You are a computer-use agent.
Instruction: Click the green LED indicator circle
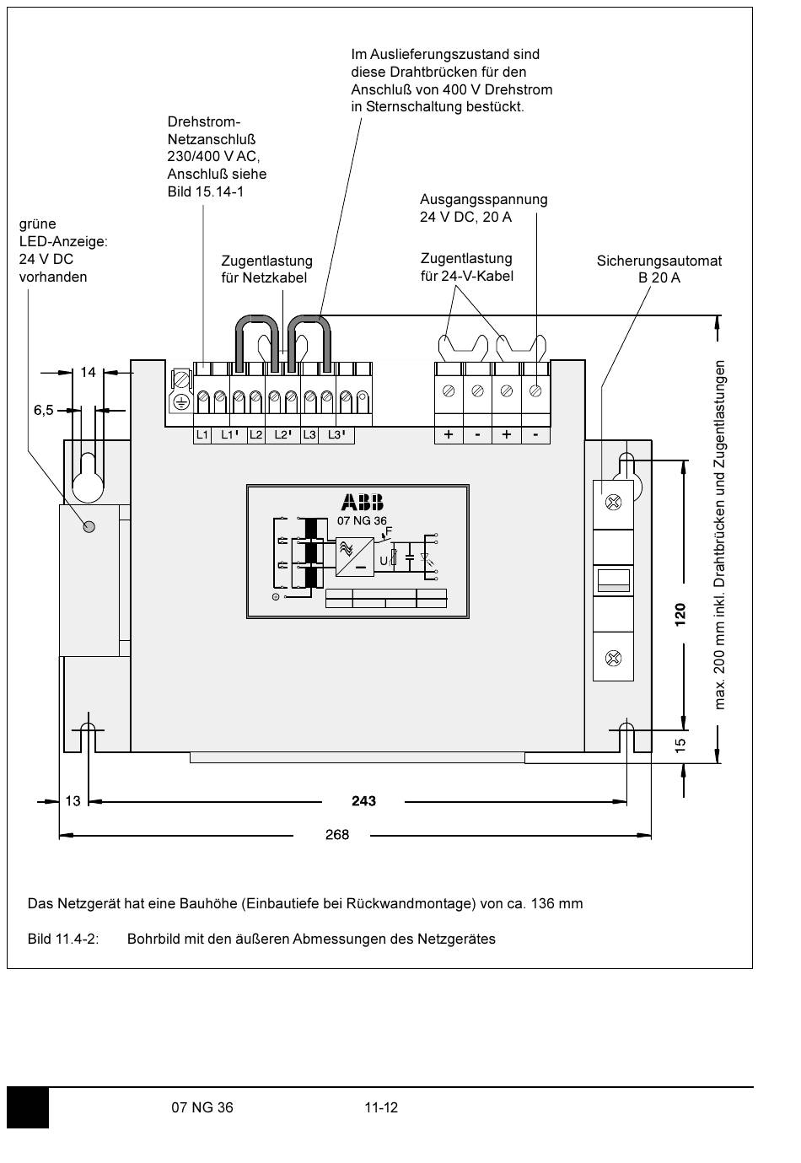tap(89, 527)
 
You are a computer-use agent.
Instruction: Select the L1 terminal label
tap(202, 434)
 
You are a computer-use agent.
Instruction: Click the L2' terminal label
tap(283, 434)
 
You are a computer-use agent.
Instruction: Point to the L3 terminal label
tap(309, 434)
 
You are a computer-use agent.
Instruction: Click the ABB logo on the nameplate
tap(363, 502)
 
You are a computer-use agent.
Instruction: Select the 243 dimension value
tap(363, 801)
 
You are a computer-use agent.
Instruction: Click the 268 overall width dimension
tap(337, 834)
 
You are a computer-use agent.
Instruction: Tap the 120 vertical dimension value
tap(680, 615)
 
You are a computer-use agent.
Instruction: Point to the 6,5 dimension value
tap(44, 410)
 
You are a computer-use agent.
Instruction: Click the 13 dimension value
tap(73, 801)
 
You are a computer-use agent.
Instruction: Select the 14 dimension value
tap(88, 372)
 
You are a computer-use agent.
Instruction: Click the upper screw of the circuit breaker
tap(614, 502)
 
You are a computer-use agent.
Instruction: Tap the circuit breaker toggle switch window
tap(614, 580)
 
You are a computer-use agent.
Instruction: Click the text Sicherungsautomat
tap(659, 261)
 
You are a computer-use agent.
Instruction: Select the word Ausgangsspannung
tap(483, 200)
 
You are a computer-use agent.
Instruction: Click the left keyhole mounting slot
tap(88, 477)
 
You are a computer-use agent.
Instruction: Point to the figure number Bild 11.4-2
tap(62, 939)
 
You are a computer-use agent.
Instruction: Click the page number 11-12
tap(381, 1107)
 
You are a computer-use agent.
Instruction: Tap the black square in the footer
tap(28, 1108)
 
